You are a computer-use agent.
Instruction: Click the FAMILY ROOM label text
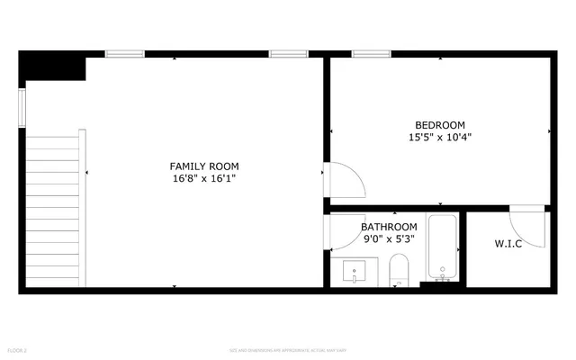[204, 166]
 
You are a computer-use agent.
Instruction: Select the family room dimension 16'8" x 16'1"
[204, 179]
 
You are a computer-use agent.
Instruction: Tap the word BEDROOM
[439, 125]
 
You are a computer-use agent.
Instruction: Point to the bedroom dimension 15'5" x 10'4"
[439, 138]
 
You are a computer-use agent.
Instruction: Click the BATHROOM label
[389, 227]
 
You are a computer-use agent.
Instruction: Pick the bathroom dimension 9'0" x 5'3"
[389, 239]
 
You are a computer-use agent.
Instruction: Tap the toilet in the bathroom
[399, 271]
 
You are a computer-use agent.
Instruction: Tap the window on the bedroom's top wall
[364, 54]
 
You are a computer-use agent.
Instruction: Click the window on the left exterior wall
[23, 103]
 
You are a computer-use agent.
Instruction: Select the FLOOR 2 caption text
[17, 349]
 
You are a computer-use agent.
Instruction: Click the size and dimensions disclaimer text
[287, 349]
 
